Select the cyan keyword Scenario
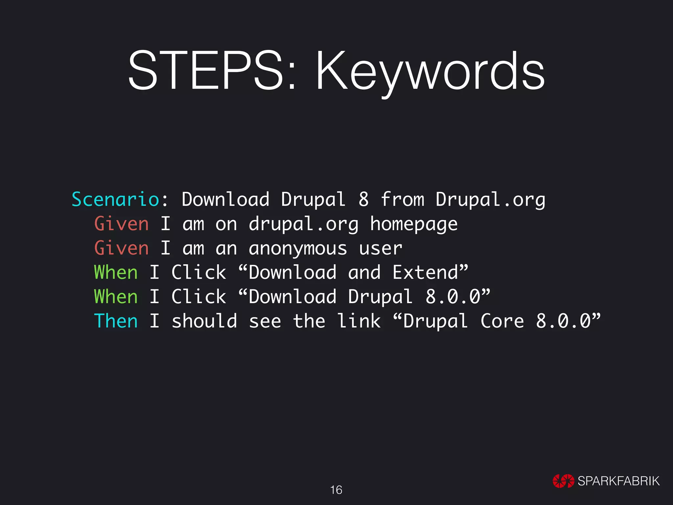(115, 200)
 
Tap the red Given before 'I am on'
(121, 224)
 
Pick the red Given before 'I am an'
(121, 248)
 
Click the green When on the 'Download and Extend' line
(116, 273)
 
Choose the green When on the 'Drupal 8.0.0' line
(116, 297)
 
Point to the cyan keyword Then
(116, 321)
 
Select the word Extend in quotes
(426, 273)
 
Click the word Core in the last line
(502, 321)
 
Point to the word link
(359, 321)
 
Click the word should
(204, 321)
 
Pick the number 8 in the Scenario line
(363, 200)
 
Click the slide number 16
(336, 490)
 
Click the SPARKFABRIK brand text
(618, 481)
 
